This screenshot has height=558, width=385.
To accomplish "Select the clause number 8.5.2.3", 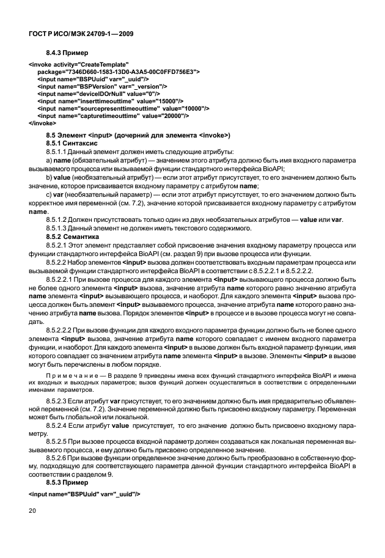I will pyautogui.click(x=59, y=399).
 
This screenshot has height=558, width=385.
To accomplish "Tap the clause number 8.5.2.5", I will pyautogui.click(x=59, y=439).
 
